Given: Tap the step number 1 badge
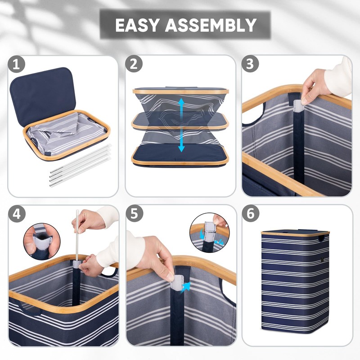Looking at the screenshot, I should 17,64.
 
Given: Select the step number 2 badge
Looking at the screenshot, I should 133,64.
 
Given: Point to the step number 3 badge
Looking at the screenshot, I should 250,64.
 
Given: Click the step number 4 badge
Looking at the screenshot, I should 17,214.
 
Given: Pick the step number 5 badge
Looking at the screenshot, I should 133,214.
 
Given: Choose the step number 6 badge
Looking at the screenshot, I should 250,214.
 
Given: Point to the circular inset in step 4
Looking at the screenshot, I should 40,241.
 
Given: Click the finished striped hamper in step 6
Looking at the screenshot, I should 295,288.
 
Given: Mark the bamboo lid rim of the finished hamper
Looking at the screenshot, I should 295,234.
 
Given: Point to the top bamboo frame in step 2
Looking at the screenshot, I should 180,91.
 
